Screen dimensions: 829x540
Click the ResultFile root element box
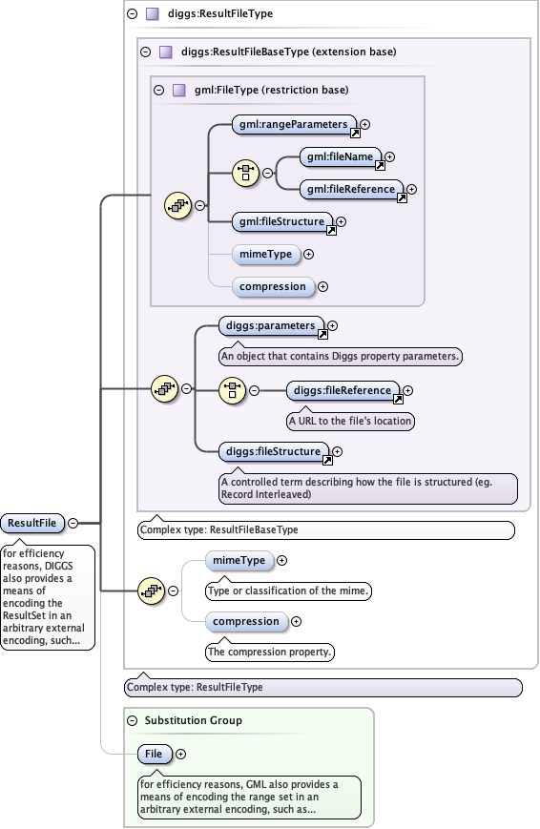(32, 523)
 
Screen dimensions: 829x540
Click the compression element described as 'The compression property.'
(246, 621)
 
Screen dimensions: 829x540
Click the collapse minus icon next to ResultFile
(73, 523)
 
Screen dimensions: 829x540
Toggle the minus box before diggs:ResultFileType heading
(131, 14)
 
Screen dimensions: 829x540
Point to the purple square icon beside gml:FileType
(178, 90)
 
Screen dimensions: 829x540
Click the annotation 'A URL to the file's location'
(351, 420)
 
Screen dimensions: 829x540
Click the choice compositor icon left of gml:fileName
(247, 173)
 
